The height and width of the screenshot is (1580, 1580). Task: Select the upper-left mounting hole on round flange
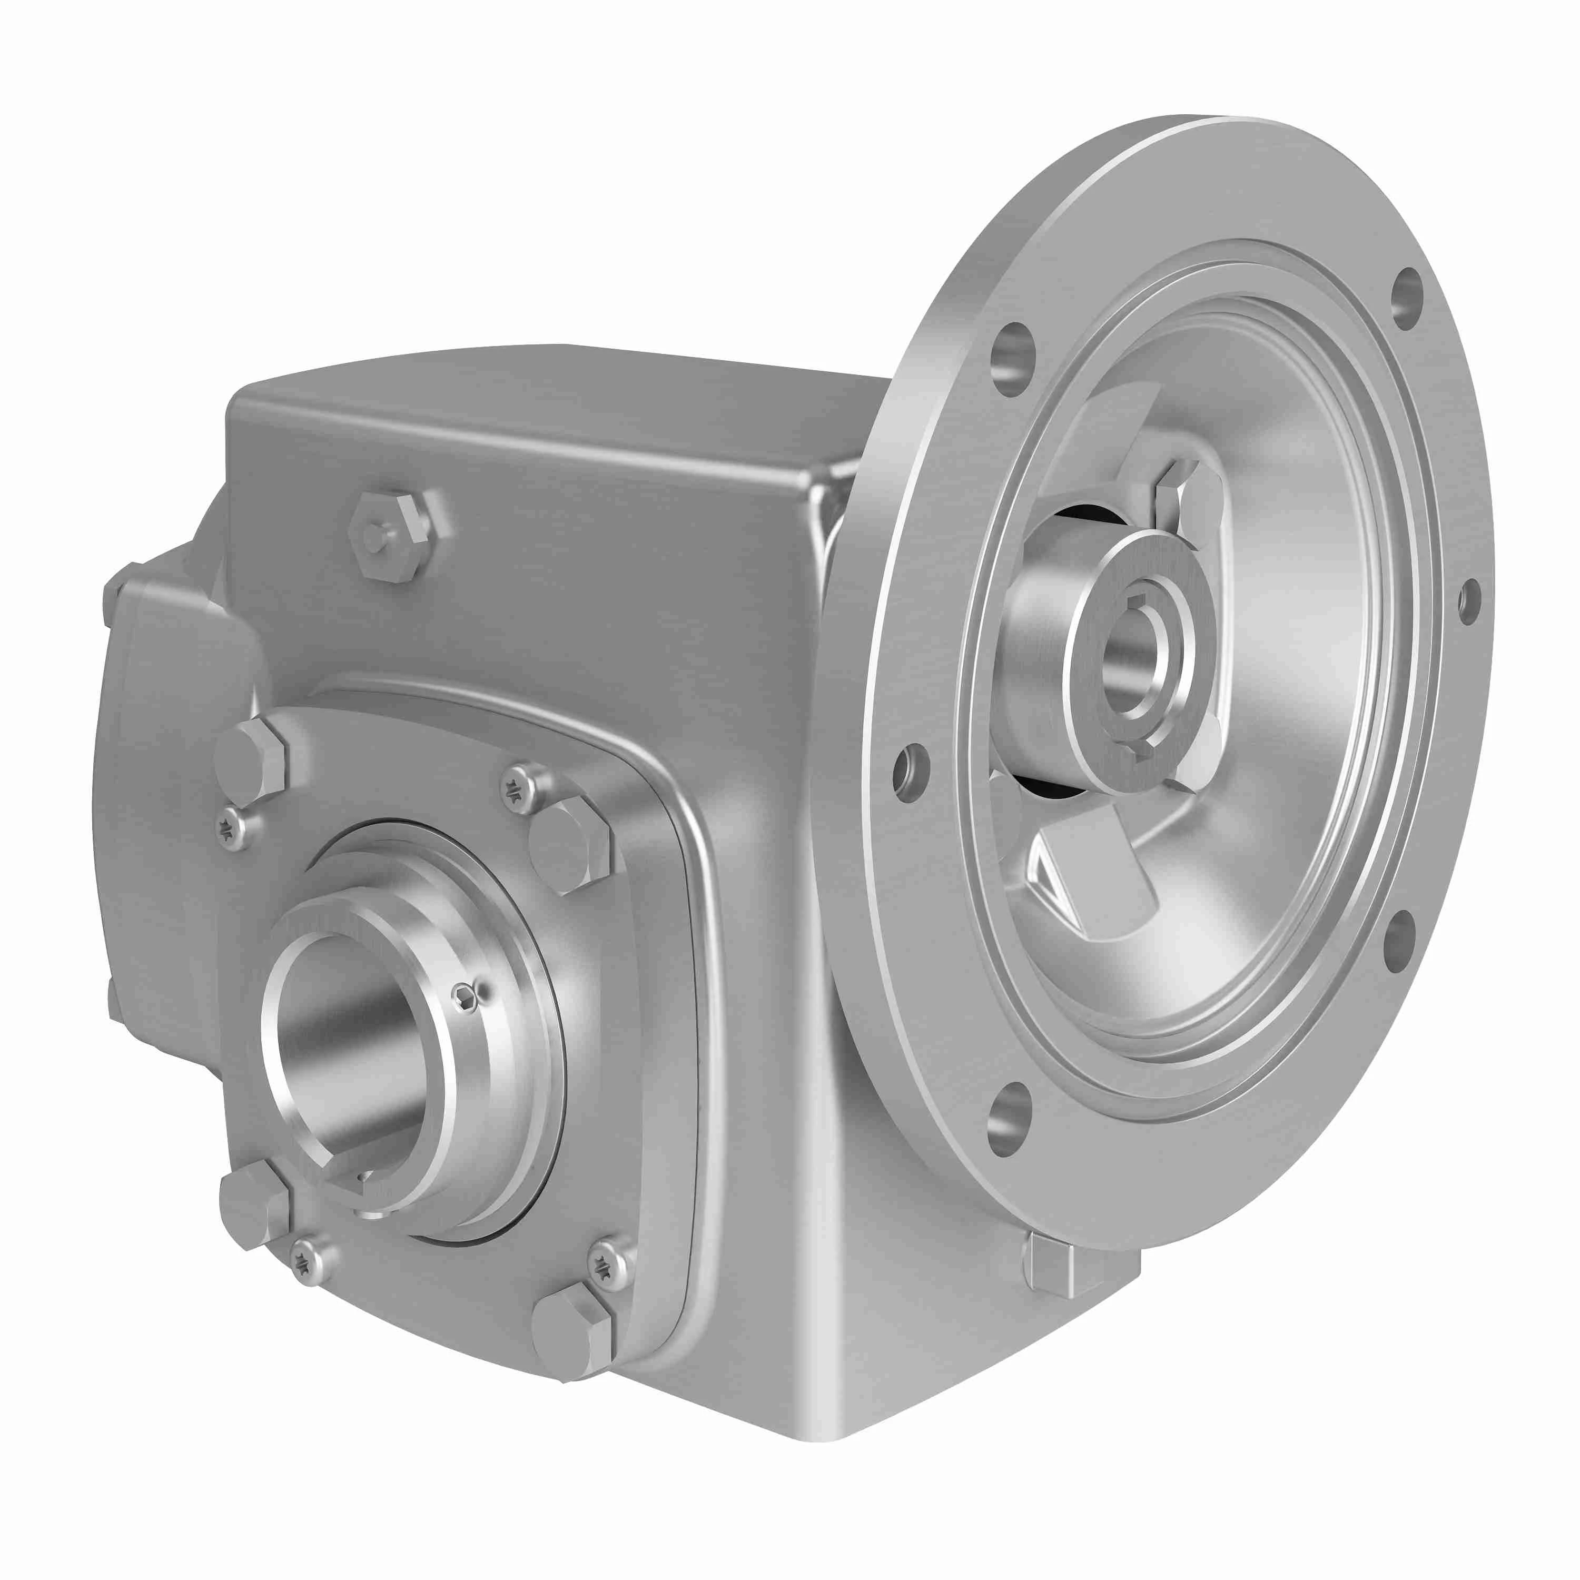(1012, 359)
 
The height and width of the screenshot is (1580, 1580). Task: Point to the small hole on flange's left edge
(910, 771)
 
